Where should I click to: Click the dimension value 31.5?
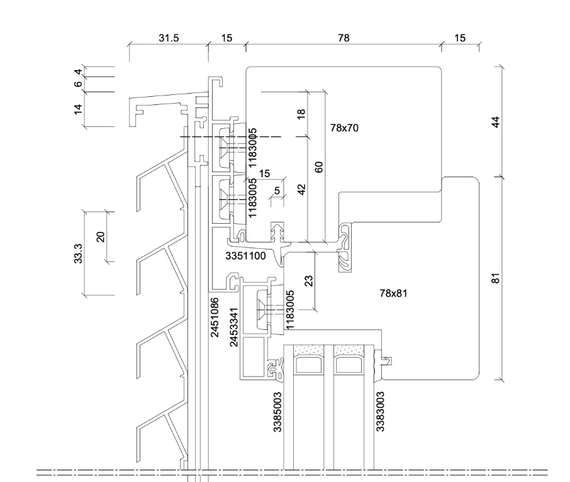pos(169,38)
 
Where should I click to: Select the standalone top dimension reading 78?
pos(344,38)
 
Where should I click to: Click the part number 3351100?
pos(245,256)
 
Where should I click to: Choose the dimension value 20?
pos(99,236)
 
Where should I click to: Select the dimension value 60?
pos(318,167)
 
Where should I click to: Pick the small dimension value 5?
pos(277,190)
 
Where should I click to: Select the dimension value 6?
pos(78,84)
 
